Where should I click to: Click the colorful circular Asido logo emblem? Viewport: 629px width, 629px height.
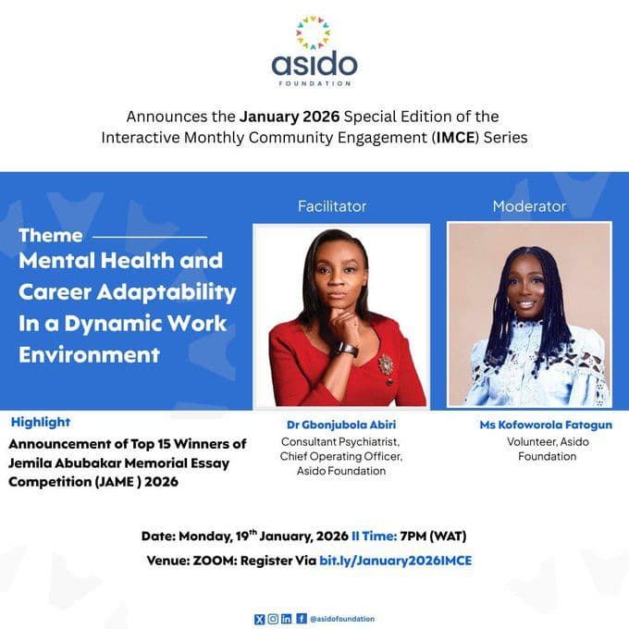click(x=314, y=31)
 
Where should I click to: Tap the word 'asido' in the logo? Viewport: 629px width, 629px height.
click(x=314, y=65)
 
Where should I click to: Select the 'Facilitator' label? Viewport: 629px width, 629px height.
click(x=332, y=206)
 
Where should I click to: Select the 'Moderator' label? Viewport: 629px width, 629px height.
click(x=529, y=206)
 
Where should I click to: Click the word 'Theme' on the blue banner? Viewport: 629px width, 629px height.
click(x=51, y=235)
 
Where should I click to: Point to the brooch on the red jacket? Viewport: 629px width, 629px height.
click(x=385, y=364)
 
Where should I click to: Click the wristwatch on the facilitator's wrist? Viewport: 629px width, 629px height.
click(x=347, y=349)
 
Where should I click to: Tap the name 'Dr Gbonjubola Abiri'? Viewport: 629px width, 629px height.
click(x=341, y=425)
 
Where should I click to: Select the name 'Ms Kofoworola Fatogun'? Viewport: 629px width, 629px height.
click(x=528, y=425)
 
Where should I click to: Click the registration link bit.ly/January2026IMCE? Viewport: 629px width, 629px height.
click(x=396, y=561)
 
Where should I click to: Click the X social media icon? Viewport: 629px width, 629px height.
click(x=258, y=618)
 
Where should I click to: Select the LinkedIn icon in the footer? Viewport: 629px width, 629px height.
click(x=287, y=618)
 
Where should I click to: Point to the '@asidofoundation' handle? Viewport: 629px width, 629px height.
click(x=342, y=618)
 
